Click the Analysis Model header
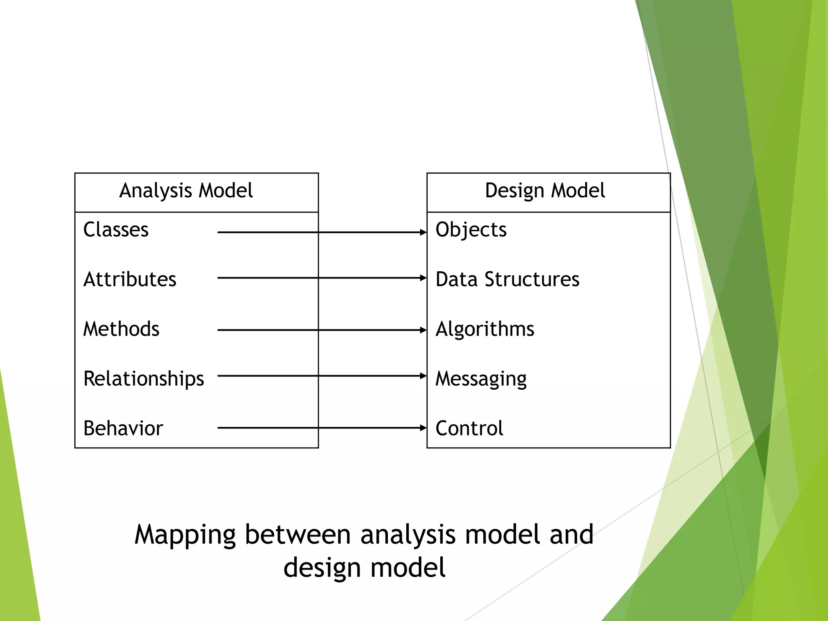pos(186,190)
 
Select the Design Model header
pos(545,190)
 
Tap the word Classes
pos(116,230)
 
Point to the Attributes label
pos(130,279)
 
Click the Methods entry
pos(121,329)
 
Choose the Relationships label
pos(144,379)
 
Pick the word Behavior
pos(123,429)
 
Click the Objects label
pos(471,230)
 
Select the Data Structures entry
pos(507,279)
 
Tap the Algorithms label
pos(485,329)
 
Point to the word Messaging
pos(481,379)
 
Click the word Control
pos(469,429)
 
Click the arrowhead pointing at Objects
pos(423,232)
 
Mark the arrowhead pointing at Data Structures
pos(423,278)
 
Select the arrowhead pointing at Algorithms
pos(423,330)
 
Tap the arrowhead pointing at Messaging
pos(423,376)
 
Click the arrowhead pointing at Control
pos(423,428)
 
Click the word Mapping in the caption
pos(185,535)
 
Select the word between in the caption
pos(298,534)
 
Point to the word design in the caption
pos(322,568)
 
